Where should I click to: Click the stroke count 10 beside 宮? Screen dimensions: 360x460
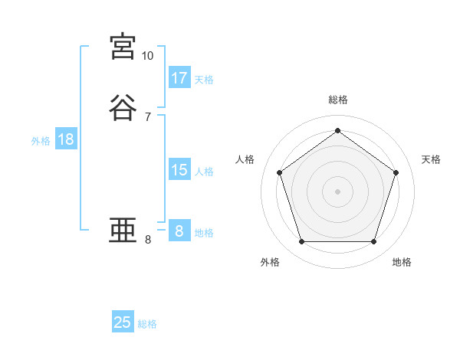coord(147,56)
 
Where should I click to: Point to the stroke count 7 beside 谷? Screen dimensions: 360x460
coord(147,117)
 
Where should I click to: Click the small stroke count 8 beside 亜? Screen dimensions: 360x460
coord(147,240)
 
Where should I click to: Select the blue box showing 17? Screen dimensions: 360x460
coord(179,78)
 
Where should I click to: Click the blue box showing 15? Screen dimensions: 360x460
coord(179,170)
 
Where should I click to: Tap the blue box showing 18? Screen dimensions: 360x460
coord(66,139)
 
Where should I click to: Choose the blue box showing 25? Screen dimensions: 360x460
coord(123,322)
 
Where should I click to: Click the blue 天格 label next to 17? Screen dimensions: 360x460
coord(204,80)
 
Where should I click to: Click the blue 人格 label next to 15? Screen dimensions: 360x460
coord(204,172)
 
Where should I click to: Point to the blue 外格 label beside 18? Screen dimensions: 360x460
coord(41,141)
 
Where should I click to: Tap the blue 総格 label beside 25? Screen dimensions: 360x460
coord(147,324)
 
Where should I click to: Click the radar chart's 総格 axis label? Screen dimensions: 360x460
coord(338,100)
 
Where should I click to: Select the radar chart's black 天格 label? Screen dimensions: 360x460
coord(432,159)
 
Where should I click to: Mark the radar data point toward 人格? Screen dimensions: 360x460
coord(280,172)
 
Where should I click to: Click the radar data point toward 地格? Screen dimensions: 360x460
coord(373,241)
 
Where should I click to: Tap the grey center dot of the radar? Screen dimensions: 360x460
coord(338,191)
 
